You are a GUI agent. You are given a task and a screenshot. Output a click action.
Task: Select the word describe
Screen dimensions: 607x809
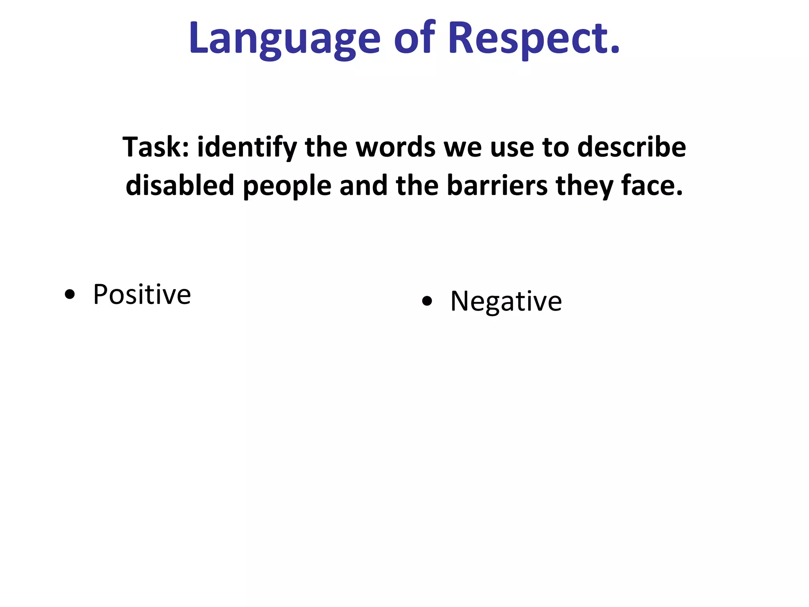(632, 147)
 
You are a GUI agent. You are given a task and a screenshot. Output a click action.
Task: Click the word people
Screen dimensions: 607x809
(287, 186)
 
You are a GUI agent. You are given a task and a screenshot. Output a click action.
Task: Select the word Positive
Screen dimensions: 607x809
(142, 294)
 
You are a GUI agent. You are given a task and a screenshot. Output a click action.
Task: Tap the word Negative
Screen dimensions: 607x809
(506, 302)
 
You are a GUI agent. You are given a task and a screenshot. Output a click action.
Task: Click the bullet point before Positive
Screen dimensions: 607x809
(70, 295)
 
